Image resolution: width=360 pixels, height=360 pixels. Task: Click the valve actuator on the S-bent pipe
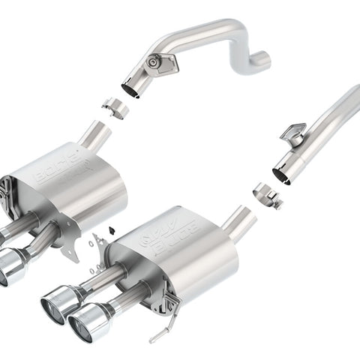160,63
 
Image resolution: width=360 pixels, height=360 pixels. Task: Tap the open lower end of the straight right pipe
283,175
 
